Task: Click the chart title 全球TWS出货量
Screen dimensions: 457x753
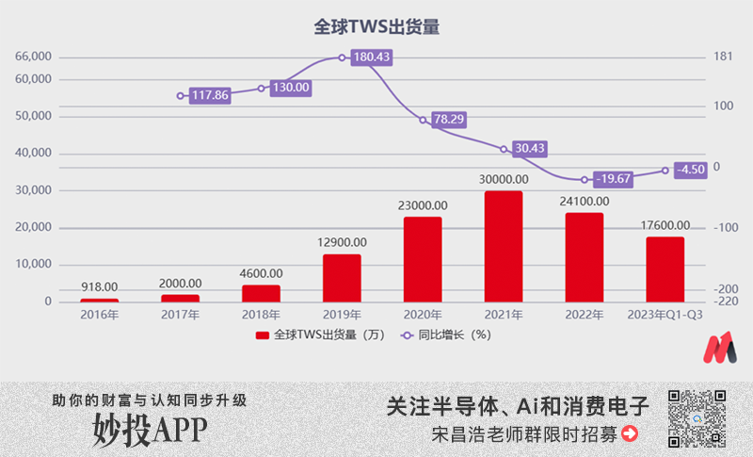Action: (376, 27)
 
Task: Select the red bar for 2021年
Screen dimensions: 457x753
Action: (503, 247)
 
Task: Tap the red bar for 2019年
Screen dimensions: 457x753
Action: (342, 278)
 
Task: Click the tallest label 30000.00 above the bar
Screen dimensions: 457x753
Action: (503, 179)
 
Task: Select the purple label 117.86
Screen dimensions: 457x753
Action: (209, 95)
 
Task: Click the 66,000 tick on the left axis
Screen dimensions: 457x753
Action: (33, 57)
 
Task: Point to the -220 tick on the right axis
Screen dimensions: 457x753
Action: (725, 302)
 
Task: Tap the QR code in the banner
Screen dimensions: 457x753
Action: (697, 418)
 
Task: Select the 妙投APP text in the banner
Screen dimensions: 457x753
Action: (150, 430)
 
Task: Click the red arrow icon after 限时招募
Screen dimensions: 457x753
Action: (630, 434)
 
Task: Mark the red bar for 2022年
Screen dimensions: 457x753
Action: (584, 257)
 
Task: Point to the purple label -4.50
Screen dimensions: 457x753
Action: (692, 170)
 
